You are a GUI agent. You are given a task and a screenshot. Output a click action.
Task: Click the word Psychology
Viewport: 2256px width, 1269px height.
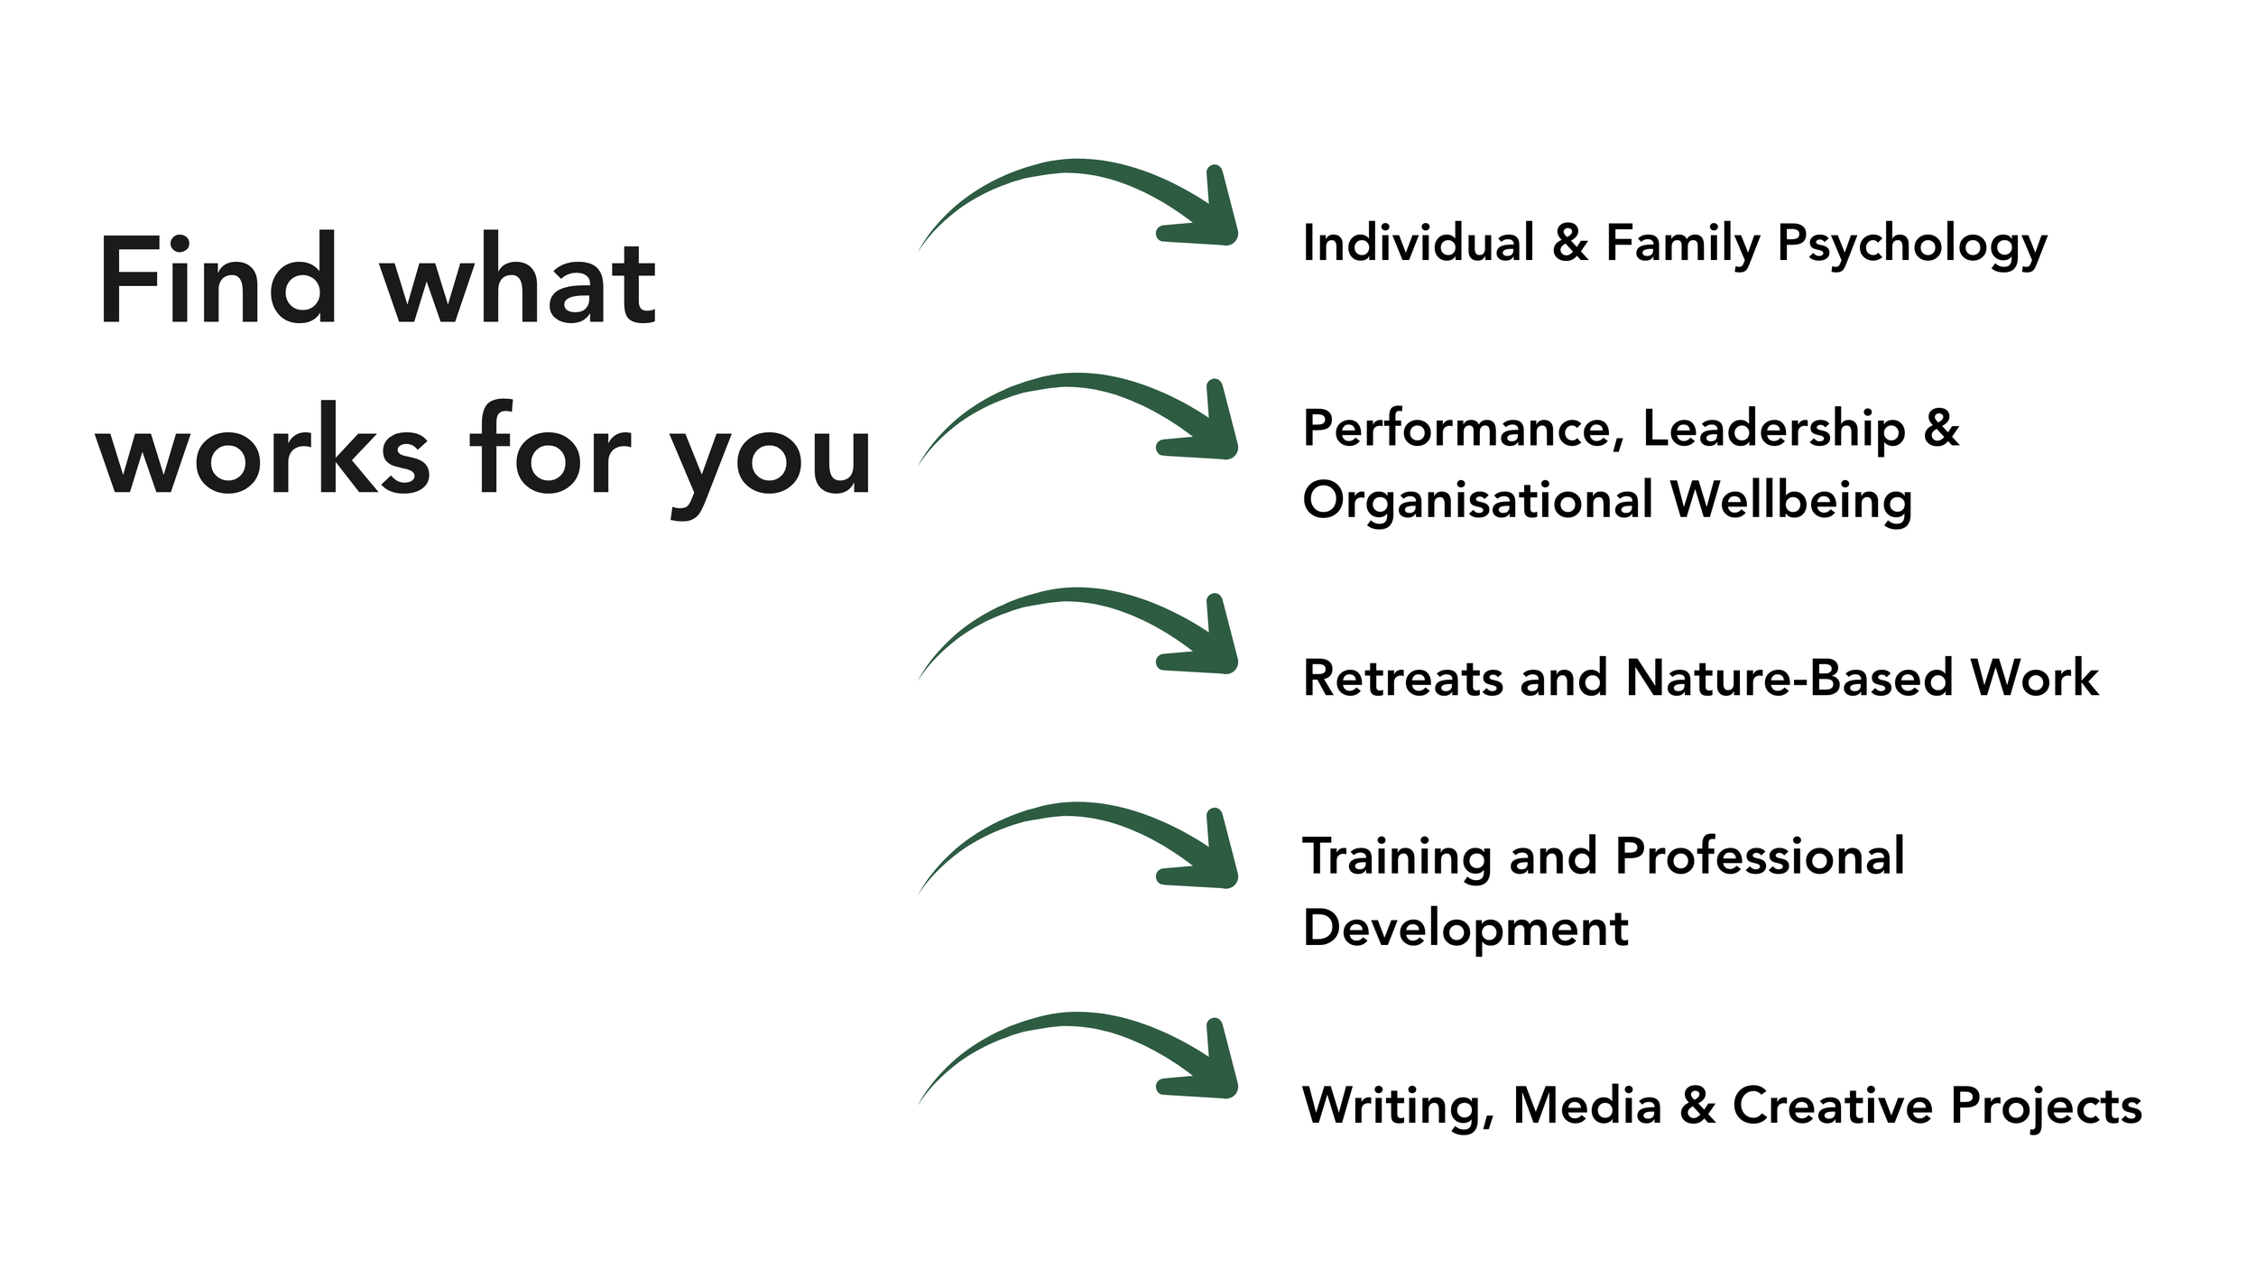point(1911,245)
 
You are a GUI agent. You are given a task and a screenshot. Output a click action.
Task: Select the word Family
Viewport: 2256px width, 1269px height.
point(1682,245)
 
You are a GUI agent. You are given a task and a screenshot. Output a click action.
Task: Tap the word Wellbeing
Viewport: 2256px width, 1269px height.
point(1790,502)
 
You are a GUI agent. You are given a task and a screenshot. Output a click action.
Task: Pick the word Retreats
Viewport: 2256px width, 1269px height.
point(1402,678)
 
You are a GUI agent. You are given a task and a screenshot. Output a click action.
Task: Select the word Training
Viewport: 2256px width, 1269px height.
point(1397,857)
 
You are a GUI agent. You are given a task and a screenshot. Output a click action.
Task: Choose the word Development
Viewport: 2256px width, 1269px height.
point(1465,930)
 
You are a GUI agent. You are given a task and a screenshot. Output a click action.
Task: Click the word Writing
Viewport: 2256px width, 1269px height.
point(1397,1107)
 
